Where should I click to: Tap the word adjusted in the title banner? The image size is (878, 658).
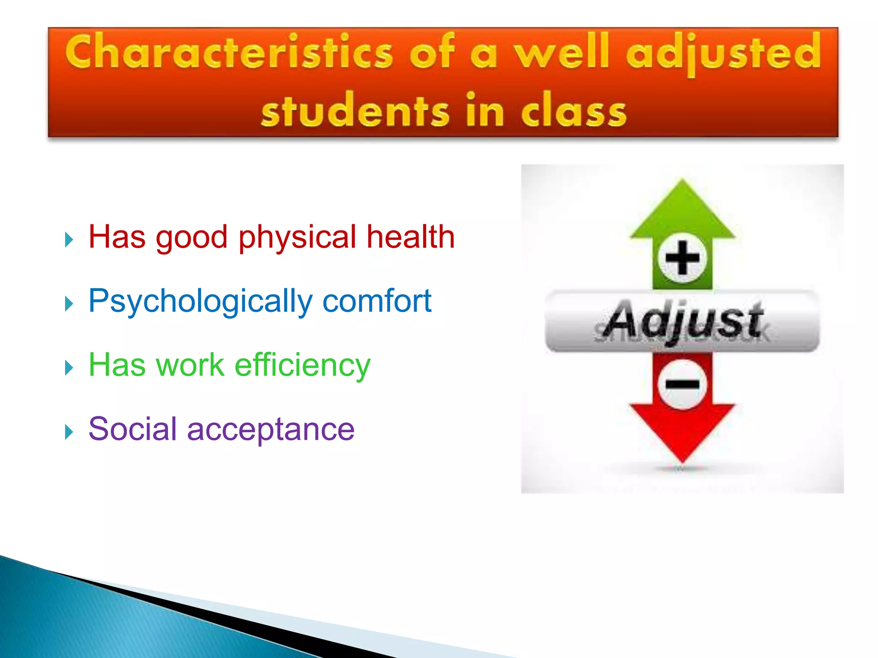click(x=723, y=54)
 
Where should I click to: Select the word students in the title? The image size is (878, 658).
click(x=355, y=111)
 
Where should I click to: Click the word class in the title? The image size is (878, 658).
click(x=574, y=111)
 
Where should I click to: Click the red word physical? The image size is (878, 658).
click(x=297, y=237)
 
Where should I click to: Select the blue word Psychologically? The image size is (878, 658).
click(x=200, y=302)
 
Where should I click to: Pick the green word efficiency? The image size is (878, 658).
click(x=302, y=365)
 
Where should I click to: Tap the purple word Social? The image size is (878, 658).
click(x=132, y=429)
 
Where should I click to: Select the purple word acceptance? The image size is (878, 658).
click(x=271, y=430)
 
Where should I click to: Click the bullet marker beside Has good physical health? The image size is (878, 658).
click(x=69, y=239)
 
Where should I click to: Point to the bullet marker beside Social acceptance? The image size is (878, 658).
click(x=69, y=432)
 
